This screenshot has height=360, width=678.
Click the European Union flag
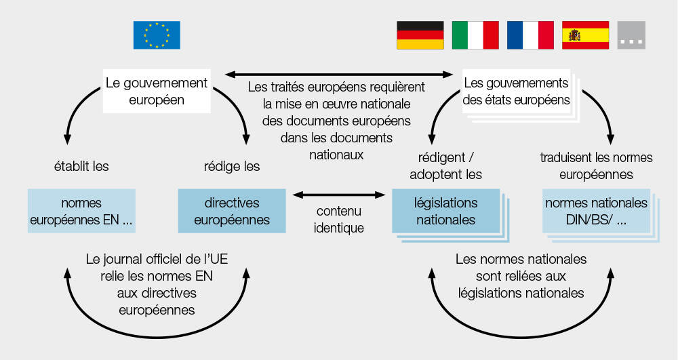157,35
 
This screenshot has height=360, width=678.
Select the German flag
420,35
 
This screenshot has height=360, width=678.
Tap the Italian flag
475,35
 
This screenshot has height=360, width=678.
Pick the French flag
530,35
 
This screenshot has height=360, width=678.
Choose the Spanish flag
586,35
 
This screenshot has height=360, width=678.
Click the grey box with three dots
631,35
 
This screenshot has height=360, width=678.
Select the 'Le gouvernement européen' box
157,92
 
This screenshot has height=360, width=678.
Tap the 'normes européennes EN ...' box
81,211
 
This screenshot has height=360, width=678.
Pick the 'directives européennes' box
232,211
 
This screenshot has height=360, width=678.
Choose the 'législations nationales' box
446,211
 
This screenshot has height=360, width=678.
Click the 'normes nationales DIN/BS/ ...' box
596,211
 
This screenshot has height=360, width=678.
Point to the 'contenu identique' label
338,219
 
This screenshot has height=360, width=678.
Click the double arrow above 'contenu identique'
338,195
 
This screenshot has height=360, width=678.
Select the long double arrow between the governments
338,75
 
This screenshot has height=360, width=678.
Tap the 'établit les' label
81,166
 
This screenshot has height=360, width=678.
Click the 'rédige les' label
232,166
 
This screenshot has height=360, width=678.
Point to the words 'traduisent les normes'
596,157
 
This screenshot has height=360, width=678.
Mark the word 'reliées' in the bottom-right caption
521,276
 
